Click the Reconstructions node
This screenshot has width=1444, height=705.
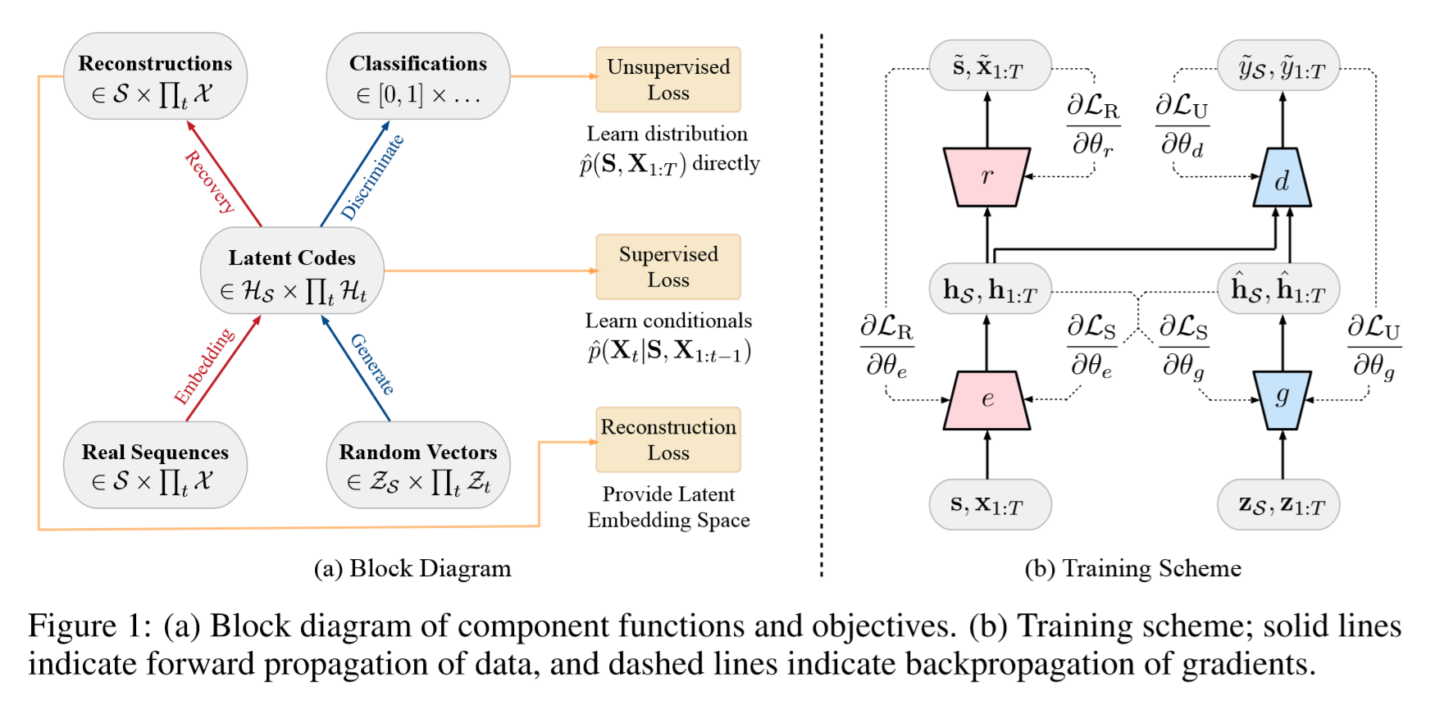(x=155, y=76)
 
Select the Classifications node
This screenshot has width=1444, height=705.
(x=417, y=76)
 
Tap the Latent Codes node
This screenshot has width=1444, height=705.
(x=292, y=271)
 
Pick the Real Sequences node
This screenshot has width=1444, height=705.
(x=155, y=465)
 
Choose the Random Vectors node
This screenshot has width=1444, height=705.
(x=417, y=465)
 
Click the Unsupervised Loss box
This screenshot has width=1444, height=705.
(x=667, y=80)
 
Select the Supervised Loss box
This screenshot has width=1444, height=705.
(x=667, y=266)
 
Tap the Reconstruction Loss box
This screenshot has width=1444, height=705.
(x=667, y=439)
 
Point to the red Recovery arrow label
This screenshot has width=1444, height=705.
(x=210, y=181)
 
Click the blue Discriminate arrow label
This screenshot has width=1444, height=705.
(x=372, y=177)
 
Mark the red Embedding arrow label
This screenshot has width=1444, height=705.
(x=204, y=366)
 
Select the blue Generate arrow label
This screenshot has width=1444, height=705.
(x=372, y=364)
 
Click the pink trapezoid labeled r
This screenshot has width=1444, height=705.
(x=986, y=176)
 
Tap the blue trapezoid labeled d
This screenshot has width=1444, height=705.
(x=1282, y=178)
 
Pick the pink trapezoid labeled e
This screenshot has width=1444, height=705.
(x=986, y=400)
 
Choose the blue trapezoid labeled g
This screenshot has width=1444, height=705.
(x=1282, y=399)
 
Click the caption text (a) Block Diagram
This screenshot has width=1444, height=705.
(x=412, y=568)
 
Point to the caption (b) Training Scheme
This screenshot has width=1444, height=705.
(x=1132, y=568)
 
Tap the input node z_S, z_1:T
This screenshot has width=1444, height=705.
(x=1282, y=505)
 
